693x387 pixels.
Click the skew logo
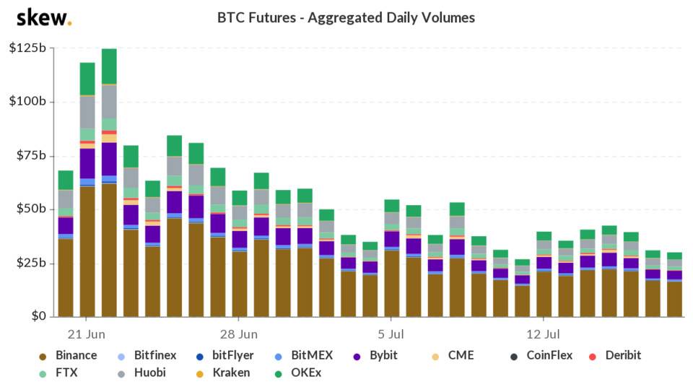tap(43, 17)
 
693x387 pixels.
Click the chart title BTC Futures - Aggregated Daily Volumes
tap(346, 17)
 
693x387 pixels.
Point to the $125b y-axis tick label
tap(27, 48)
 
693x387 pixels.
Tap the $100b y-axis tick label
tap(27, 101)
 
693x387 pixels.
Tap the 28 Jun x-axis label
tap(239, 334)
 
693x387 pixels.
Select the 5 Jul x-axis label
tap(391, 334)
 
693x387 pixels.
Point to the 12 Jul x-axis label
tap(544, 334)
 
